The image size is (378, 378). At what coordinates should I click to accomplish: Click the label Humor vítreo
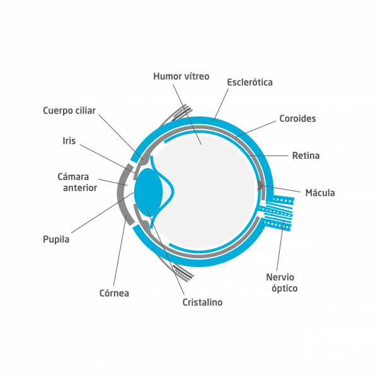pos(181,76)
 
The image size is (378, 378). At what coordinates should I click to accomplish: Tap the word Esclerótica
pos(249,82)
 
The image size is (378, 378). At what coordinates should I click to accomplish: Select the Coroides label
pos(297,118)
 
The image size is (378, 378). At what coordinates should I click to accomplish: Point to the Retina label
pos(306,155)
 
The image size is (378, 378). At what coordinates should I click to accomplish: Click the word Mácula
pos(319,193)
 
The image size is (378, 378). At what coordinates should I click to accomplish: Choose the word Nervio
pos(280,277)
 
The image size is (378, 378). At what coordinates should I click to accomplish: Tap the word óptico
pos(282,289)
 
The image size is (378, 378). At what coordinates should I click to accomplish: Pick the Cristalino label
pos(202,302)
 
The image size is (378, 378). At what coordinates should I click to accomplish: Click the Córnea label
pos(114,293)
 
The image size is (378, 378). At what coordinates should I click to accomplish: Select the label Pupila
pos(56,239)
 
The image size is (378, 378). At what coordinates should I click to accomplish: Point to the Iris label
pos(69,140)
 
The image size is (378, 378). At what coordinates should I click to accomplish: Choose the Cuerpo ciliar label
pos(69,111)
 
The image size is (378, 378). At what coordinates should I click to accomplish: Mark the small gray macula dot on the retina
pos(260,186)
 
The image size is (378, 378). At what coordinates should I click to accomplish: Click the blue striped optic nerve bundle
pos(277,211)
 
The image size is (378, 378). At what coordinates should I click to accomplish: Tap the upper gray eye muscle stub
pos(180,113)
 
